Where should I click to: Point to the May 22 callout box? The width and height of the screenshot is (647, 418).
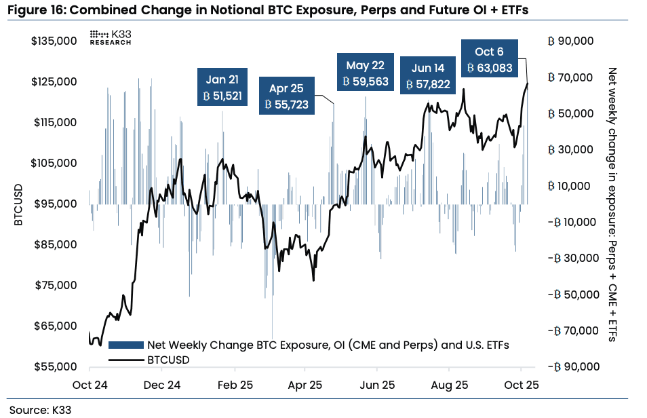[x=365, y=73]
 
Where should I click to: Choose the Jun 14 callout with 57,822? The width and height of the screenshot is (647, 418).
[x=428, y=76]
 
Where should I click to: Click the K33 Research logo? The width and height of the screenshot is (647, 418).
[x=111, y=37]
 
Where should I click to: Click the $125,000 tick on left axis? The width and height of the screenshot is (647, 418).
[x=54, y=82]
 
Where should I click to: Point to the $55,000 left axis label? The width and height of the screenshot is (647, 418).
[x=54, y=366]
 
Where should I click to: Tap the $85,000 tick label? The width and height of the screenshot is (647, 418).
[x=54, y=244]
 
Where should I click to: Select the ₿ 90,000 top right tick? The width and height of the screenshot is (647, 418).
[x=570, y=41]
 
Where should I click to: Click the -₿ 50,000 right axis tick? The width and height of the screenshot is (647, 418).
[x=569, y=294]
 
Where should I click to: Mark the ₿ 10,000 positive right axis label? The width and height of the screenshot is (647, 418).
[x=570, y=186]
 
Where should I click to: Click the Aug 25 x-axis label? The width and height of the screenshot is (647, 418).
[x=450, y=385]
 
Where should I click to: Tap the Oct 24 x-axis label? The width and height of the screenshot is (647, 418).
[x=91, y=385]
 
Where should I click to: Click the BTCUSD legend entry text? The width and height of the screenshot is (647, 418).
[x=168, y=359]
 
